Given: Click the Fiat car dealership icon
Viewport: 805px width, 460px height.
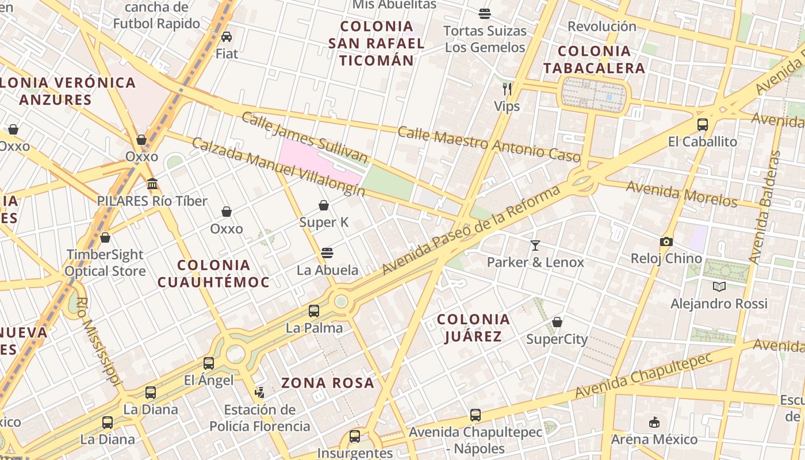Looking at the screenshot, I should point(227,37).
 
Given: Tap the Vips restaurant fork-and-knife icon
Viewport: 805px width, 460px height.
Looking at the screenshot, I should point(507,89).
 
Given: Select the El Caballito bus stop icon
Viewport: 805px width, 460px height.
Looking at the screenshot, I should point(702,125).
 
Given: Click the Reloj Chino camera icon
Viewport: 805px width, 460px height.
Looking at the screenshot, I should point(666,241).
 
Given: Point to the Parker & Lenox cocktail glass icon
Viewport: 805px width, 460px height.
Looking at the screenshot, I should point(535,246).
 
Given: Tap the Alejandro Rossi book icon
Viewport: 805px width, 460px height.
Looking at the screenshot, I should point(719,286).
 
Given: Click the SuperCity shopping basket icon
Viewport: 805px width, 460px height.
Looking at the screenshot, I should point(557,322).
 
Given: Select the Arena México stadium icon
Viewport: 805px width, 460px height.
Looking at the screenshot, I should point(654,423).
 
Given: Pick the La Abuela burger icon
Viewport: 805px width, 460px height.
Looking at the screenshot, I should point(327,253).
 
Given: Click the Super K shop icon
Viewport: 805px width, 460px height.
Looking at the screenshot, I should point(324,205).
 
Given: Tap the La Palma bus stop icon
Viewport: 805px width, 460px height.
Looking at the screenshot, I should point(314,311).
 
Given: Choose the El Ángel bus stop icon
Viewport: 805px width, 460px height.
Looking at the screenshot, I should point(209,363).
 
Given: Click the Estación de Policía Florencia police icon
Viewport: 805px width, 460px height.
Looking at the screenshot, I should point(260,393).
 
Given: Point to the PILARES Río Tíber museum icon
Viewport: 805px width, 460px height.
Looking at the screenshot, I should point(152,184).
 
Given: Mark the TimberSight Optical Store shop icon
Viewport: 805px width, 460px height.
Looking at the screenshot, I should point(105,237).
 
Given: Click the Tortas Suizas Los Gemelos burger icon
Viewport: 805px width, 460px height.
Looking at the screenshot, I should point(485,14).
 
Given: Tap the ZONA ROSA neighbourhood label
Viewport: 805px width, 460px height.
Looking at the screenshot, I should point(328,383).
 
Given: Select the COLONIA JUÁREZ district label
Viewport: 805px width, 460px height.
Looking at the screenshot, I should point(473,328).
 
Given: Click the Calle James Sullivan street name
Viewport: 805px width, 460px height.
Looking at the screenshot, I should point(304,138).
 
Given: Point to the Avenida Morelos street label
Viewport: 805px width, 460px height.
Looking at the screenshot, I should point(681,194).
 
